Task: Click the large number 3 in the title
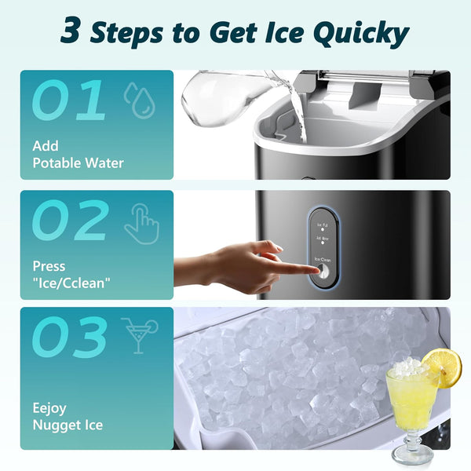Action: (71, 32)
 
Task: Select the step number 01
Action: (68, 101)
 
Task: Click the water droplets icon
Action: (140, 101)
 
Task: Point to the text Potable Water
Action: (78, 163)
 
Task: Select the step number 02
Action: (70, 221)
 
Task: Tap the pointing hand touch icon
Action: (141, 224)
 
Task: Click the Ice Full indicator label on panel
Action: (322, 225)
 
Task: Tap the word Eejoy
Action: (49, 407)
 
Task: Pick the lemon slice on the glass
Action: (441, 367)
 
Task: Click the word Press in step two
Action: (49, 266)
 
